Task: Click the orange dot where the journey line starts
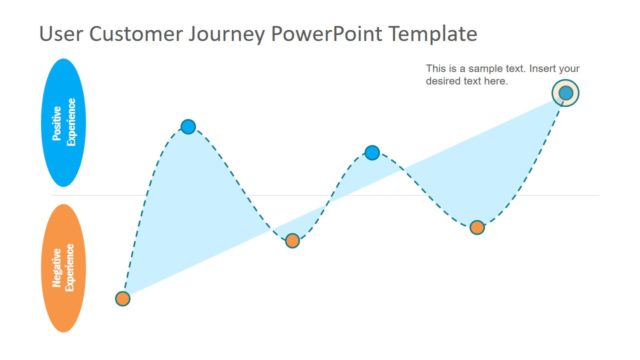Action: point(122,298)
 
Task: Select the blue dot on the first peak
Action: point(188,126)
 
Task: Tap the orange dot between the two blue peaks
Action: point(292,240)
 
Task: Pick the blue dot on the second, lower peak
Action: point(372,152)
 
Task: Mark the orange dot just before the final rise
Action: point(477,227)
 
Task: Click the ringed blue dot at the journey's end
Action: point(566,93)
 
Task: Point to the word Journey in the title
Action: point(225,35)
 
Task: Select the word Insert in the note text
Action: point(540,69)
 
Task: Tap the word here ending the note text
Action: point(497,81)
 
